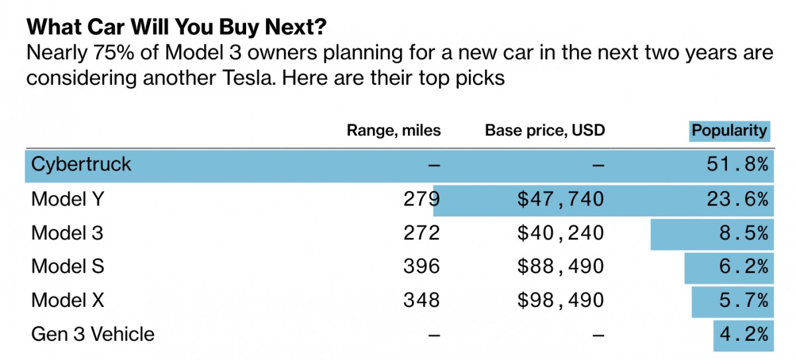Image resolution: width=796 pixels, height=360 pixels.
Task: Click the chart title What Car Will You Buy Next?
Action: pyautogui.click(x=176, y=27)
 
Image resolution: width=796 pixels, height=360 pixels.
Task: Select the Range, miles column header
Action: pyautogui.click(x=393, y=130)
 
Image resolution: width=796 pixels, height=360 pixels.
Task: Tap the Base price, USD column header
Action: pyautogui.click(x=545, y=130)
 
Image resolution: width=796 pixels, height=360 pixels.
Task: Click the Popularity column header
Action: pyautogui.click(x=728, y=130)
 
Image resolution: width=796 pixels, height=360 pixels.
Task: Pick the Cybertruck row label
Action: pyautogui.click(x=81, y=164)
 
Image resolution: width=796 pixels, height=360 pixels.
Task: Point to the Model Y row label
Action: pyautogui.click(x=68, y=199)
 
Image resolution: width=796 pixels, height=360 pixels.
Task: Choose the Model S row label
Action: pyautogui.click(x=68, y=267)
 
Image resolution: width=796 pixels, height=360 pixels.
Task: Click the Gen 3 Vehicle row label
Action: pyautogui.click(x=93, y=334)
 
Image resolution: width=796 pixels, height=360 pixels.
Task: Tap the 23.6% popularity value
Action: pyautogui.click(x=738, y=199)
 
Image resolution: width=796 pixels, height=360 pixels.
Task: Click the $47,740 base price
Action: pyautogui.click(x=561, y=199)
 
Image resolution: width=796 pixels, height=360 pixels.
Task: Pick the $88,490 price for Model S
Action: pyautogui.click(x=561, y=267)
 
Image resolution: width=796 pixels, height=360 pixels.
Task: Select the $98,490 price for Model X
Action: pyautogui.click(x=561, y=300)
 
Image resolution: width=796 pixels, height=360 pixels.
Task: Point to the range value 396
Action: pyautogui.click(x=421, y=267)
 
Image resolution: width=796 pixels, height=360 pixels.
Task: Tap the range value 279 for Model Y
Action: pyautogui.click(x=421, y=199)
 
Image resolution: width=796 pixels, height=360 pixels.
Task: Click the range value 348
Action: pyautogui.click(x=421, y=300)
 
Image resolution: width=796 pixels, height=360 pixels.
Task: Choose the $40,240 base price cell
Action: pyautogui.click(x=561, y=233)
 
